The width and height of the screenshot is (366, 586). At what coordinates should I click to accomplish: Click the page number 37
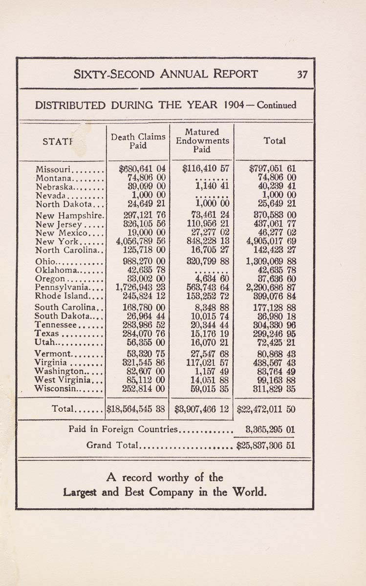(x=302, y=75)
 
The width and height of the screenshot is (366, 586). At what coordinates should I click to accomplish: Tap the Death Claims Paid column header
(x=138, y=141)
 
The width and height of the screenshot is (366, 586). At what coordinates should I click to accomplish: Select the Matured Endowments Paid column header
(x=202, y=141)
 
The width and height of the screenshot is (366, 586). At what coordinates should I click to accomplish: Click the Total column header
(x=274, y=141)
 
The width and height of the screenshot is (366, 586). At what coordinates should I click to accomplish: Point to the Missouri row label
(x=54, y=169)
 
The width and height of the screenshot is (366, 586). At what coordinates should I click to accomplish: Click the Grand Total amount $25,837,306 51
(x=265, y=445)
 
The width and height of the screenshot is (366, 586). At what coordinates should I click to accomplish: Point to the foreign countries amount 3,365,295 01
(x=270, y=430)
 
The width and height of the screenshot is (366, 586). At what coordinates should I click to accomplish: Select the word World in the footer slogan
(x=250, y=491)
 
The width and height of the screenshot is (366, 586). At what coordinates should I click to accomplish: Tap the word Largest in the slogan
(x=81, y=492)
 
